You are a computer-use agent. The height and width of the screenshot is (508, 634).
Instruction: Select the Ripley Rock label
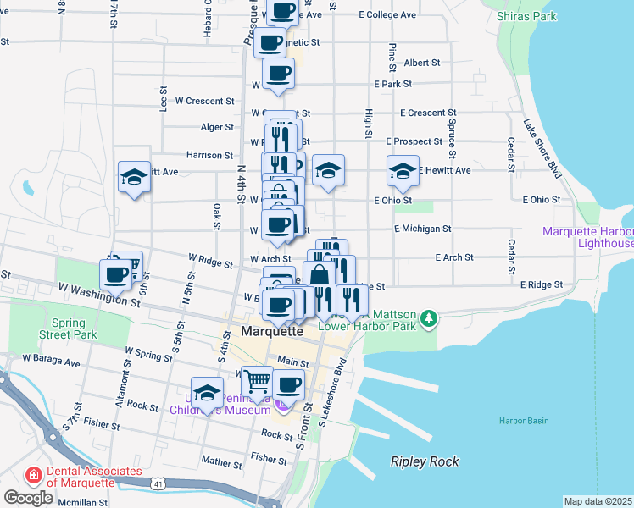click(425, 461)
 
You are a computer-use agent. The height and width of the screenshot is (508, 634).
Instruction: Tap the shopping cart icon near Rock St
click(257, 381)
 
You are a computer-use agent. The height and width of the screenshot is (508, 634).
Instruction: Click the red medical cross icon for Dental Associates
click(35, 476)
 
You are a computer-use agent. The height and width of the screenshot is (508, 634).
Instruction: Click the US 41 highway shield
click(158, 483)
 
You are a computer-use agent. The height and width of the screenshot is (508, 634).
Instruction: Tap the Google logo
click(28, 498)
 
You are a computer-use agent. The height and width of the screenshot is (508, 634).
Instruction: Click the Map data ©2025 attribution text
click(598, 501)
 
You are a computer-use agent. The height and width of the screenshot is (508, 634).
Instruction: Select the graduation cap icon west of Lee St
click(134, 176)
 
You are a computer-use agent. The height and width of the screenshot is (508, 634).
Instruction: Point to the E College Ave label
click(387, 15)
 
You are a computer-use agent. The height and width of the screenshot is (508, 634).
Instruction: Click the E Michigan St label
click(422, 229)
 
